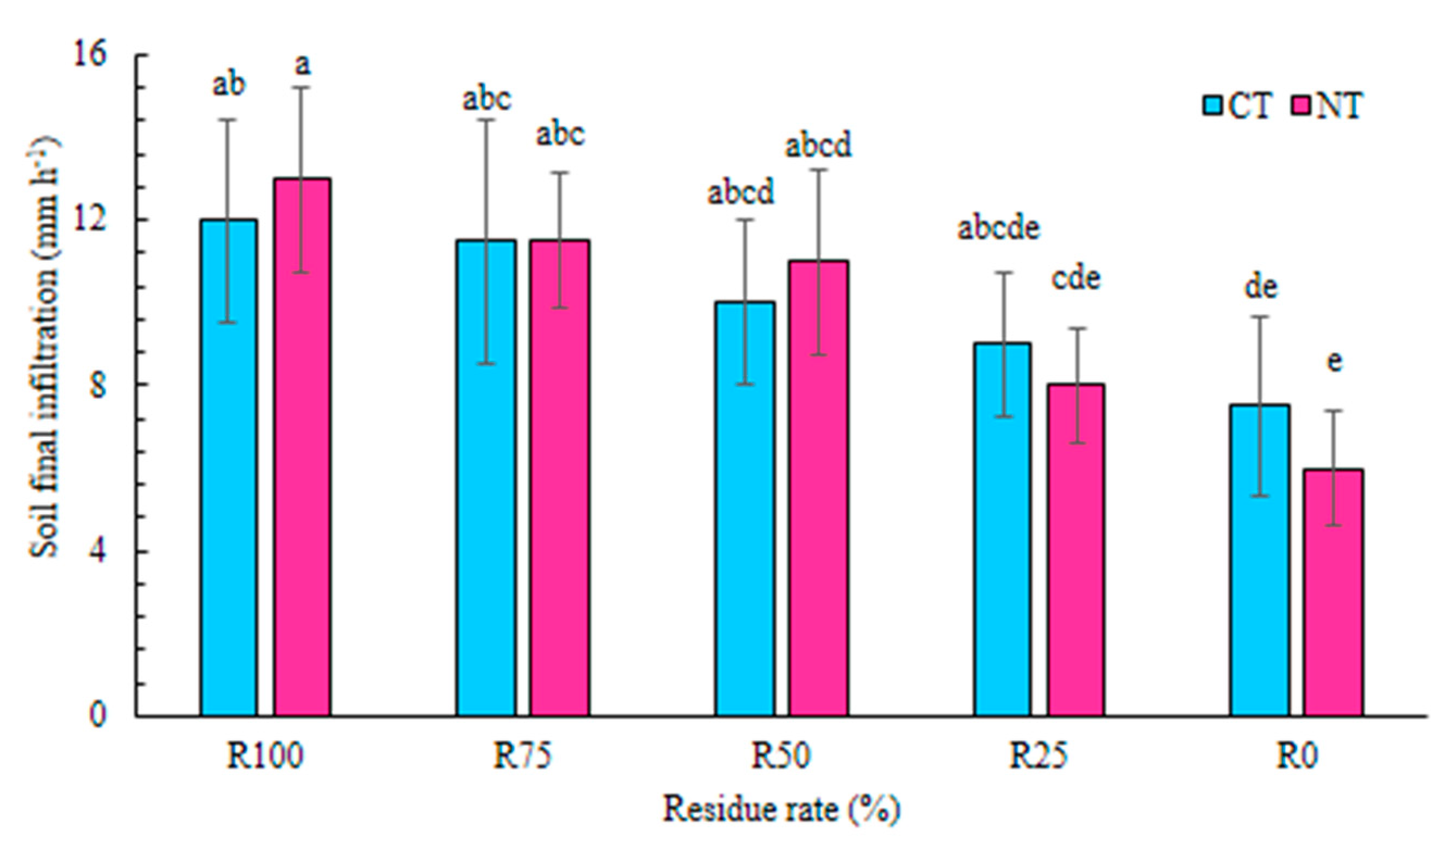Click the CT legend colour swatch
[x=1211, y=106]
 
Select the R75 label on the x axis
[x=522, y=755]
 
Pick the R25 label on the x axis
[x=1038, y=755]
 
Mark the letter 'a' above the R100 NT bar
[x=302, y=65]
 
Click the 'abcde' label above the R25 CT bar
[x=999, y=228]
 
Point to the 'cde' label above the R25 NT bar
[x=1075, y=279]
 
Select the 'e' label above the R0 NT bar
[x=1334, y=361]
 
